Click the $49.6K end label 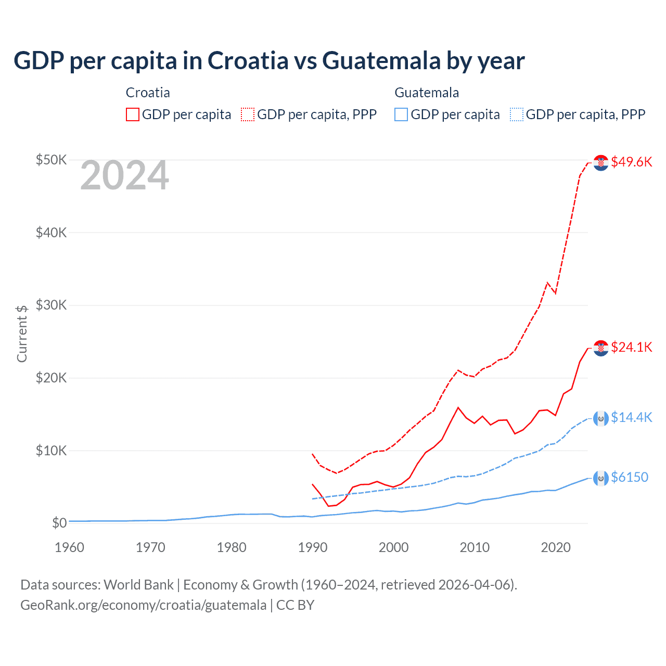pyautogui.click(x=631, y=162)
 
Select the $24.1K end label pyautogui.click(x=631, y=347)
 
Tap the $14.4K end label pyautogui.click(x=631, y=417)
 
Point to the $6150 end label pyautogui.click(x=629, y=477)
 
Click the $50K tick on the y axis pyautogui.click(x=51, y=160)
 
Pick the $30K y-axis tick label pyautogui.click(x=51, y=305)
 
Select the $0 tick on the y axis pyautogui.click(x=59, y=523)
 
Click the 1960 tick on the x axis pyautogui.click(x=69, y=547)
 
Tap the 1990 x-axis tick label pyautogui.click(x=313, y=547)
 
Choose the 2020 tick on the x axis pyautogui.click(x=556, y=547)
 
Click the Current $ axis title pyautogui.click(x=22, y=334)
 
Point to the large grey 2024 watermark pyautogui.click(x=124, y=176)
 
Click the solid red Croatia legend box pyautogui.click(x=133, y=114)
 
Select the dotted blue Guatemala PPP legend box pyautogui.click(x=517, y=114)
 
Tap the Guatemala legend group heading pyautogui.click(x=427, y=93)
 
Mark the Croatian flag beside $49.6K pyautogui.click(x=601, y=162)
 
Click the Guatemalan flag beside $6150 pyautogui.click(x=601, y=478)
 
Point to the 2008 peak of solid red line pyautogui.click(x=458, y=407)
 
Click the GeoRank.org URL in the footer pyautogui.click(x=143, y=605)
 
